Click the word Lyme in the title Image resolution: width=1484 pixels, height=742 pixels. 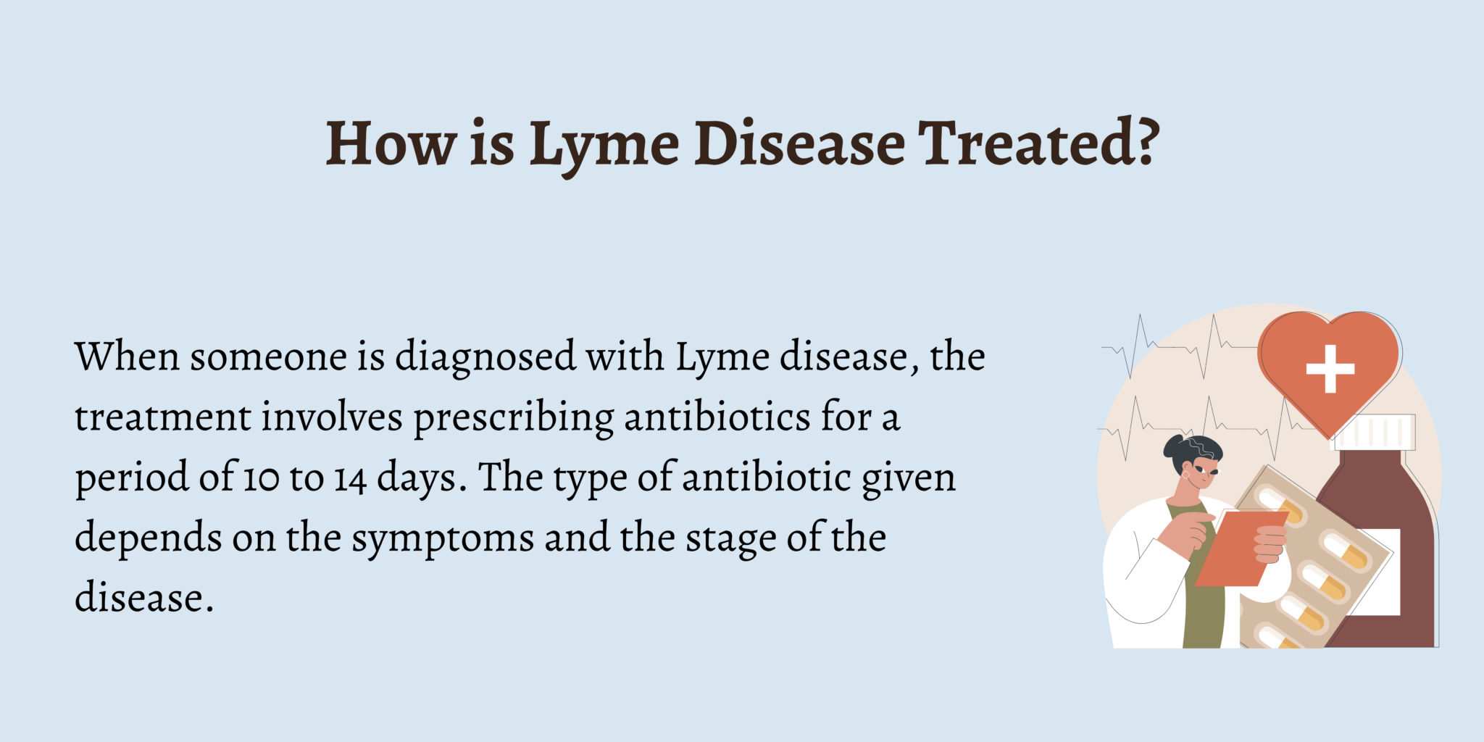coord(604,144)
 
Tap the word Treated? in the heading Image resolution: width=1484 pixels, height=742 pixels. coord(1038,143)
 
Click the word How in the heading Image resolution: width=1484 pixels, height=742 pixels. coord(391,143)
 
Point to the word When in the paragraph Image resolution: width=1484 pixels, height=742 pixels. coord(127,357)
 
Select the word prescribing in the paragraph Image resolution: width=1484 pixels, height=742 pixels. coord(513,419)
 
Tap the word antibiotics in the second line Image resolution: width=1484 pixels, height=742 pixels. coord(717,417)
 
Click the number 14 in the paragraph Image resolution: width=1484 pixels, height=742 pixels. coord(350,479)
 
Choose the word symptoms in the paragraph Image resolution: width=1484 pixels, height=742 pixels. coord(443,540)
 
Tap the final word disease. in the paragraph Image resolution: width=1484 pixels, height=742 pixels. coord(144,599)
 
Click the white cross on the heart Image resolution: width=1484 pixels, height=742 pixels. coord(1330,369)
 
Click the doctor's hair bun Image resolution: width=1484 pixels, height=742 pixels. coord(1174,446)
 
